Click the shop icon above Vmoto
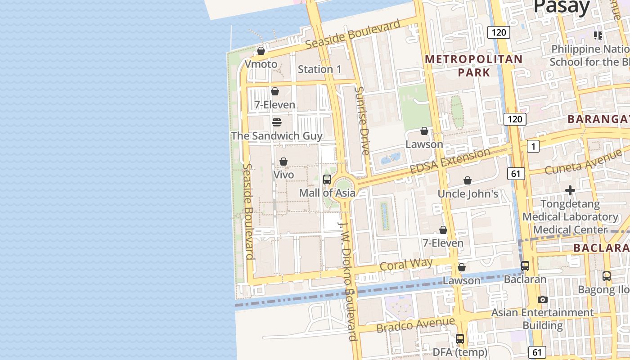261,51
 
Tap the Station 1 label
319,69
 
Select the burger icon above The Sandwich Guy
277,122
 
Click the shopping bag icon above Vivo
283,162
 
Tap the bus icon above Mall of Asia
327,180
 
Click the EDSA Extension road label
450,161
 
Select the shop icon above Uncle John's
468,180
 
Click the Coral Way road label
406,265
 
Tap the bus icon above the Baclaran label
525,266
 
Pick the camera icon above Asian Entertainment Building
543,299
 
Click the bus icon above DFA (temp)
460,339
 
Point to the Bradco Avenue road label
415,325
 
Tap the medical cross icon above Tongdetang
570,190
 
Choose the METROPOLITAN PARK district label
473,66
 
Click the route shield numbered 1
533,146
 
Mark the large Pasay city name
561,7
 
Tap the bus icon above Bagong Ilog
607,276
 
